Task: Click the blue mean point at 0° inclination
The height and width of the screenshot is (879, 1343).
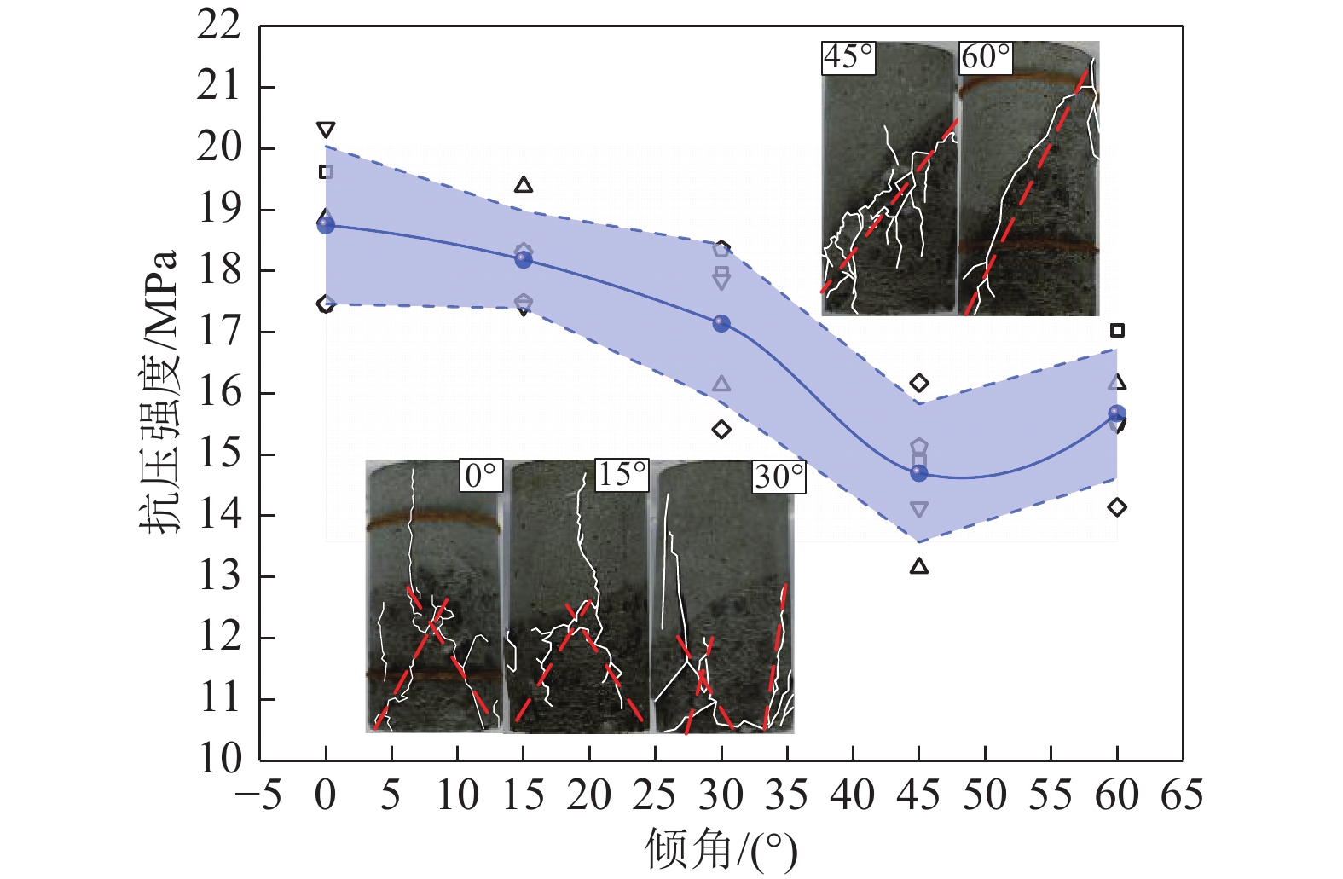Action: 326,225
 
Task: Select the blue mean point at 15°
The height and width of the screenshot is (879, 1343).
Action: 524,259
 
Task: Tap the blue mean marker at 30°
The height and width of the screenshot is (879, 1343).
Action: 721,323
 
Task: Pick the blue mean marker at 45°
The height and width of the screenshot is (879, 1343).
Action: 919,472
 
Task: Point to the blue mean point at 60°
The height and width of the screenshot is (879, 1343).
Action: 1117,413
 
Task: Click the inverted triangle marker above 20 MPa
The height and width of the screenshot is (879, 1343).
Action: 326,130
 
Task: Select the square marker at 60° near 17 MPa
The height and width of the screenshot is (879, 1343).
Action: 1117,330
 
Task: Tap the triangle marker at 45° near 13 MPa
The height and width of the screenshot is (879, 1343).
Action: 919,566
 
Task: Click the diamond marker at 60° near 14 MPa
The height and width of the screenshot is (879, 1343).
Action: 1117,507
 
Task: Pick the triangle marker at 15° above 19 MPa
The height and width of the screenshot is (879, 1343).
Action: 524,185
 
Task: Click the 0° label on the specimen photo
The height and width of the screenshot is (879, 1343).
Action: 481,476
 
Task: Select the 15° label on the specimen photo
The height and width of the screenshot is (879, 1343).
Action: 622,475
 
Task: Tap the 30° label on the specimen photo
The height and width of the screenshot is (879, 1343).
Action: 779,477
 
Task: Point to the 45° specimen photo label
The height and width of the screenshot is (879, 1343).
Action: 848,57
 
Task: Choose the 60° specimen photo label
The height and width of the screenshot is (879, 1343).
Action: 986,57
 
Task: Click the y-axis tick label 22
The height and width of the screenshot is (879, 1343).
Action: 219,26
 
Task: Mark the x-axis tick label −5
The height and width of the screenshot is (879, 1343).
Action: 258,796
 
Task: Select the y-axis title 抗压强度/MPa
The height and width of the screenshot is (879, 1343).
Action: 159,392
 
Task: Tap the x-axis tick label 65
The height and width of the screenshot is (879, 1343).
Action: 1182,796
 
